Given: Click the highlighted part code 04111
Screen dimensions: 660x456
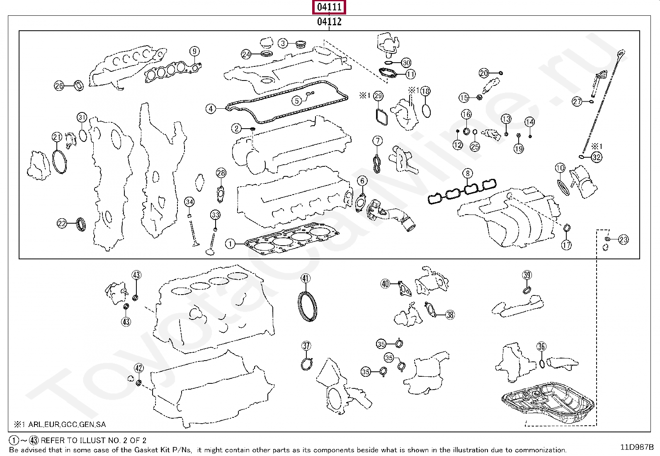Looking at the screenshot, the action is point(329,7).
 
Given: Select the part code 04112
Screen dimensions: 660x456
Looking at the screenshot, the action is point(329,22).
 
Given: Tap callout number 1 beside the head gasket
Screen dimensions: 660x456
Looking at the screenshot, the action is point(230,244).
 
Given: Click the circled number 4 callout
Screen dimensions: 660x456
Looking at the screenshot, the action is point(211,109).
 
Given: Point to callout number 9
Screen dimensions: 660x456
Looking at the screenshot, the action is point(194,51).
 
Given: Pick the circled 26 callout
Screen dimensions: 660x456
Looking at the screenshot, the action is point(59,86).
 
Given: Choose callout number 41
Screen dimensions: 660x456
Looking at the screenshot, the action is point(306,278).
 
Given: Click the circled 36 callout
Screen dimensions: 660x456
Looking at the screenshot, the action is point(541,346).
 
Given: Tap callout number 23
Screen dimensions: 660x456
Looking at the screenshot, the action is point(624,239).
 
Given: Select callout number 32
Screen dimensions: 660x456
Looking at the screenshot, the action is point(597,157).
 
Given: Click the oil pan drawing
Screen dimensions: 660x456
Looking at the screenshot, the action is point(548,402).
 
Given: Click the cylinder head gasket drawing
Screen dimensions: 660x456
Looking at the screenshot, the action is point(292,239).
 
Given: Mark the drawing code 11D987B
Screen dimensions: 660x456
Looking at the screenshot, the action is point(637,447).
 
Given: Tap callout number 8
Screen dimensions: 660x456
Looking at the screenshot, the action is point(468,173).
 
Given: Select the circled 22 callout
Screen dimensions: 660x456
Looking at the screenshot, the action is point(62,224).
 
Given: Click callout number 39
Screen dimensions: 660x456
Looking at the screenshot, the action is point(527,275).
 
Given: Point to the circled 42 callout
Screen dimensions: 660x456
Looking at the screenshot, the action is point(139,368).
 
